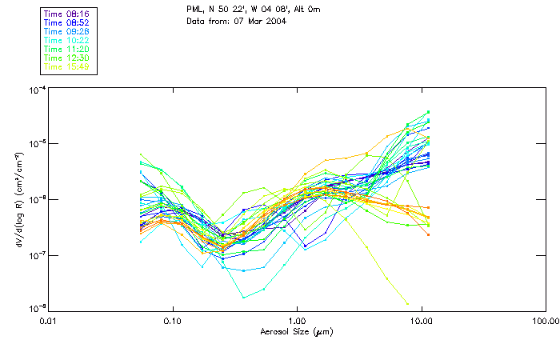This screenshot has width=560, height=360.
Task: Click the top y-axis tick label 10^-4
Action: (35, 90)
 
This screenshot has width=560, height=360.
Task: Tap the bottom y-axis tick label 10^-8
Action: (35, 309)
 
